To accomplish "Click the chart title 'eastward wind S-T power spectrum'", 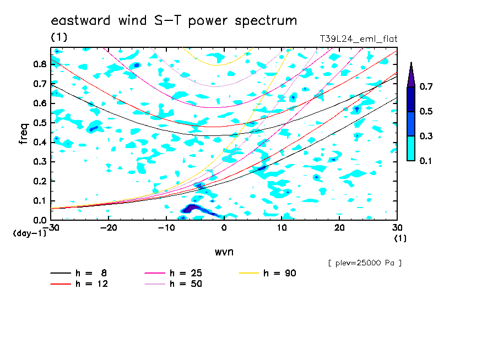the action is [x=174, y=21].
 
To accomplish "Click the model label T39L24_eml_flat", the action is [x=358, y=39].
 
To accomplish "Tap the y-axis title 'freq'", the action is [x=24, y=133].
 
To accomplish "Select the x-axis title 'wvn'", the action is [x=224, y=252].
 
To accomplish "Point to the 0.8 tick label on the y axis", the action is [x=40, y=64].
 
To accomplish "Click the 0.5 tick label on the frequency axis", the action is [x=40, y=123].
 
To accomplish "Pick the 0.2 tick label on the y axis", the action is [x=40, y=181].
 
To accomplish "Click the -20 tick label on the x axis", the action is [x=109, y=228].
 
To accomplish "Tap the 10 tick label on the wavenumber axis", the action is [x=282, y=228].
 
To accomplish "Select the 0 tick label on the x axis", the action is [x=224, y=228].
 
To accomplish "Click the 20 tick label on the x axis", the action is [x=339, y=228].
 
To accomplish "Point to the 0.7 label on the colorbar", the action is [x=426, y=86].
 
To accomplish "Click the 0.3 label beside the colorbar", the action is [x=426, y=136].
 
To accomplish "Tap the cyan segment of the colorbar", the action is [x=411, y=149].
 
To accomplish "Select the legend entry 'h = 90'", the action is [x=267, y=273].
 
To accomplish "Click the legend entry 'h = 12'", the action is [x=79, y=284].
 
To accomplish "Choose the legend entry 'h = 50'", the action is [x=174, y=284].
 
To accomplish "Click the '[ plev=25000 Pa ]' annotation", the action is [x=365, y=263].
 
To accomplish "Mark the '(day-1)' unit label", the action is [x=30, y=233].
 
